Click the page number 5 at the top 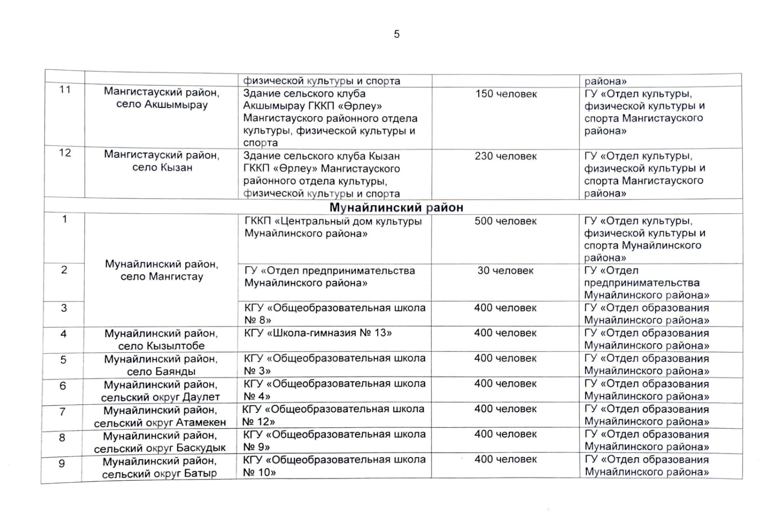point(397,34)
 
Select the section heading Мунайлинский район point(396,207)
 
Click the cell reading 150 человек point(506,94)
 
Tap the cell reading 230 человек point(506,156)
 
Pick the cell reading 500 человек point(506,221)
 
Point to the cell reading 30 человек point(506,270)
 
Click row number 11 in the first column point(65,90)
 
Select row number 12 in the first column point(65,153)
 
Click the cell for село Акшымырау point(162,98)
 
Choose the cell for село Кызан point(162,162)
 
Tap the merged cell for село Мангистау point(162,270)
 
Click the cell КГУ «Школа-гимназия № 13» point(318,333)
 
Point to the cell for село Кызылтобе point(161,339)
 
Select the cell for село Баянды point(161,365)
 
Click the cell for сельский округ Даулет point(161,391)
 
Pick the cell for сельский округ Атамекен point(160,416)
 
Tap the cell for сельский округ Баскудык point(160,442)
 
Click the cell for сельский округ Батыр point(159,467)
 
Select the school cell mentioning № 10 point(334,466)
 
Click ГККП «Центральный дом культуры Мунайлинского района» point(333,228)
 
